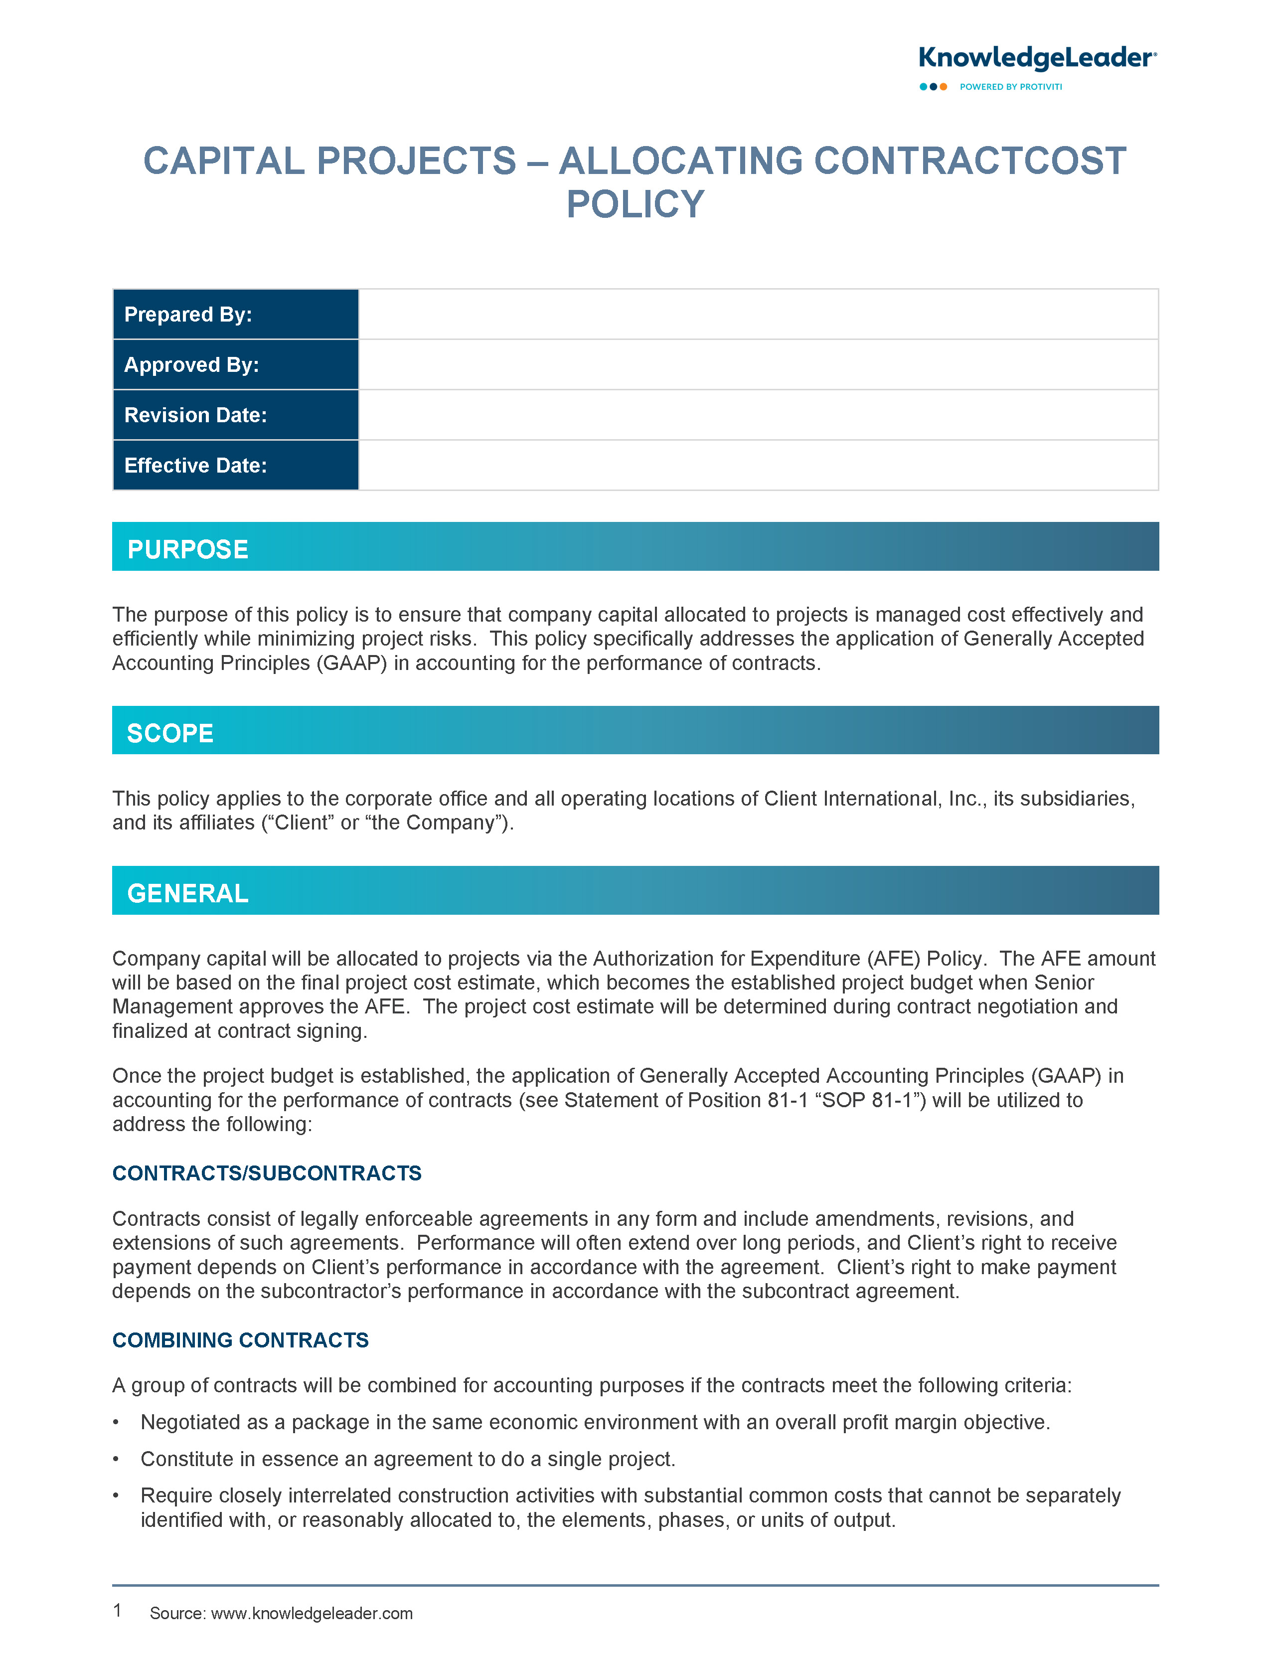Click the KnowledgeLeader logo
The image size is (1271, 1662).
tap(1036, 58)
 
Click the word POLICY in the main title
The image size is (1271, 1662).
tap(635, 204)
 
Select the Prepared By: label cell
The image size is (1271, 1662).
tap(235, 315)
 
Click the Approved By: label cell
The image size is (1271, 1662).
tap(235, 364)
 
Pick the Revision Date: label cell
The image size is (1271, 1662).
tap(235, 415)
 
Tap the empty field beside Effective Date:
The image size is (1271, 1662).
tap(758, 465)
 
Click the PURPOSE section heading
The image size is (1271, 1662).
tap(187, 549)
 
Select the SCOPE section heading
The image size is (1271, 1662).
tap(170, 733)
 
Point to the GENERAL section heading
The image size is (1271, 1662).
tap(187, 893)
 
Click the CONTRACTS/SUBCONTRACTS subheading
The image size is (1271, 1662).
tap(266, 1173)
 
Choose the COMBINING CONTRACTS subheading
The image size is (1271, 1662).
tap(240, 1340)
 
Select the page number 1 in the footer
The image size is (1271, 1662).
tap(117, 1611)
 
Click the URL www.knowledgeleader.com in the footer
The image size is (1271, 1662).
tap(312, 1614)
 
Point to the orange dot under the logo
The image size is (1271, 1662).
tap(944, 87)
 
